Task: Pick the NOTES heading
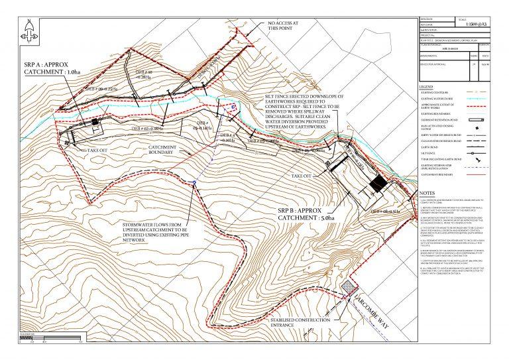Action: click(428, 193)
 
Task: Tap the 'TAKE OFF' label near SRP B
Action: click(302, 176)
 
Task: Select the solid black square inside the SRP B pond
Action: click(378, 184)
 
